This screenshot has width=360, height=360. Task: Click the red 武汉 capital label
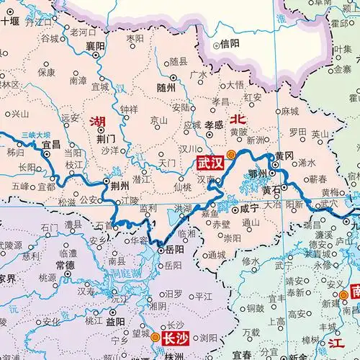coord(210,163)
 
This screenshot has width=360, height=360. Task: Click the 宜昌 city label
coord(51,144)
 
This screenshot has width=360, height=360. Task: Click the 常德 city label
coord(64,264)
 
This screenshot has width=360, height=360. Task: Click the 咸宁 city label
coord(248,209)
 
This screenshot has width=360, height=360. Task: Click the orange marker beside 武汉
coord(230,154)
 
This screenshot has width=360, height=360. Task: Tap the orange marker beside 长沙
coord(155,335)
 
